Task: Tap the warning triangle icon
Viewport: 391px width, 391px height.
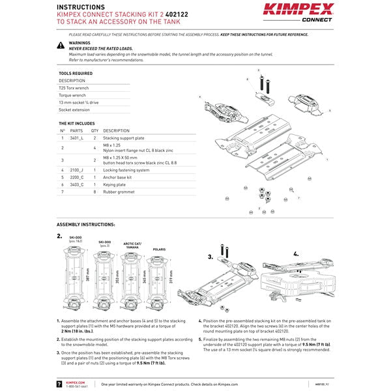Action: [x=61, y=46]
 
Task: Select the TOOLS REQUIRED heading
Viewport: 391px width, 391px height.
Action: [x=76, y=74]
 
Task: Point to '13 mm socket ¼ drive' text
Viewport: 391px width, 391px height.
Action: [x=79, y=102]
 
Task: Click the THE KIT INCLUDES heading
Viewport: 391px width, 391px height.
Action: [x=76, y=123]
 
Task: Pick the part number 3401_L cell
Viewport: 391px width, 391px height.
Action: [x=76, y=138]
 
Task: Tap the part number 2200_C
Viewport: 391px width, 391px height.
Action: [x=77, y=177]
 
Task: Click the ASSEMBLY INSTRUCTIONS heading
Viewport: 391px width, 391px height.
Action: [x=85, y=224]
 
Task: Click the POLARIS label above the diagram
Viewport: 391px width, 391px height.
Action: [x=158, y=249]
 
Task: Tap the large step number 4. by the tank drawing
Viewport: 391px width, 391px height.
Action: [x=296, y=253]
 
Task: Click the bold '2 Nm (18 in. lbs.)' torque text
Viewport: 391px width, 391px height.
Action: [x=80, y=331]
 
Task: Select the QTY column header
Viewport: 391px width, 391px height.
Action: [x=94, y=130]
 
